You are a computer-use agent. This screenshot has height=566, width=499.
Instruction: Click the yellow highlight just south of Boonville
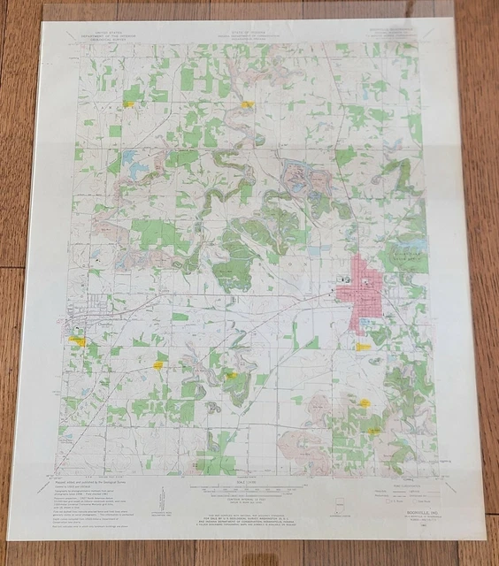coord(363,346)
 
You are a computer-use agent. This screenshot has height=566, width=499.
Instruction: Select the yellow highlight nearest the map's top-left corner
coord(130,103)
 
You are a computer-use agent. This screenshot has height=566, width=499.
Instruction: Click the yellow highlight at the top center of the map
coord(247,104)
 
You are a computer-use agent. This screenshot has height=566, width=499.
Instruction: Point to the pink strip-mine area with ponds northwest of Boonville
coord(301,181)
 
